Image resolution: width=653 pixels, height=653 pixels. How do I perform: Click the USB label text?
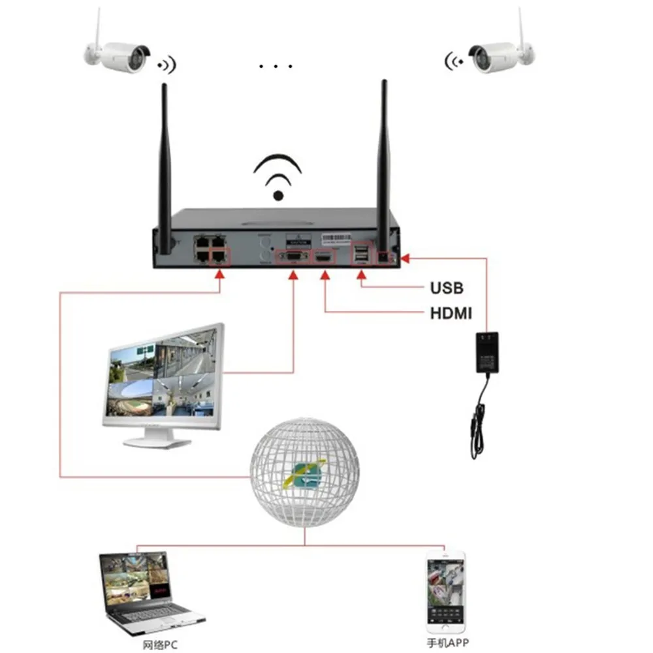[x=446, y=287]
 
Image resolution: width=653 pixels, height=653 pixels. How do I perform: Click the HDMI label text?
[x=451, y=313]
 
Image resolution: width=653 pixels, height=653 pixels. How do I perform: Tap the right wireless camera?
[x=500, y=55]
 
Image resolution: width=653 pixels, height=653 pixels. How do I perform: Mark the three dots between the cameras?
[x=274, y=66]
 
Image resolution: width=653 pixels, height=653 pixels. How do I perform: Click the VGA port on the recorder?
[x=292, y=257]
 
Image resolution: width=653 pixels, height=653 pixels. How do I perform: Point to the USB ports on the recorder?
[x=360, y=256]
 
